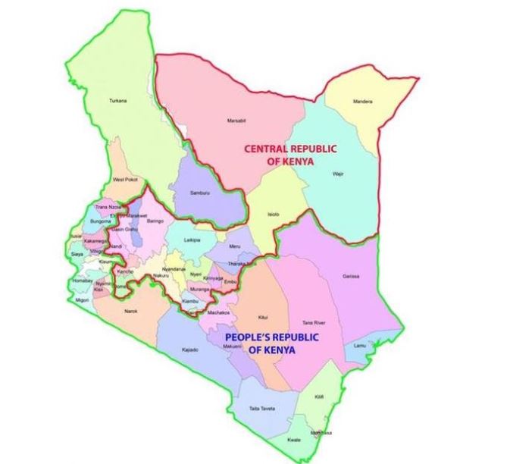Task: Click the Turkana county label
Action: [x=117, y=101]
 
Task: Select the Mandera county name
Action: [x=363, y=102]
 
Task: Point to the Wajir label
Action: [x=338, y=174]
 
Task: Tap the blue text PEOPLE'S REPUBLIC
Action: [x=271, y=337]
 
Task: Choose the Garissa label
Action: [x=350, y=275]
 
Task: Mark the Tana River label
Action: [x=313, y=321]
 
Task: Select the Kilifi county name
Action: [x=320, y=397]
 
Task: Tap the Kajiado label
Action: [x=190, y=350]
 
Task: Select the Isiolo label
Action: [x=274, y=215]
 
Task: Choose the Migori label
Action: [x=82, y=301]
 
